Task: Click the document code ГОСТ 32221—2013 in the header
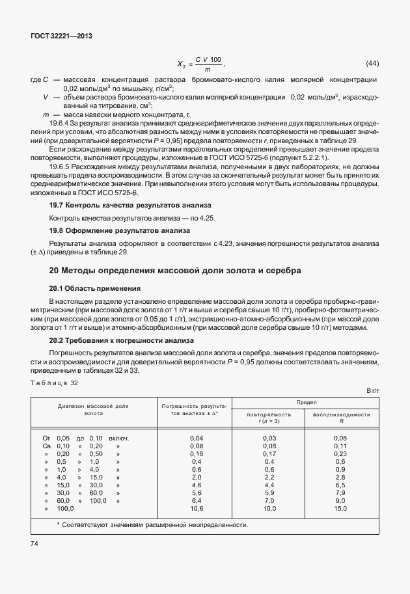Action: pyautogui.click(x=62, y=36)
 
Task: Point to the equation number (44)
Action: pyautogui.click(x=372, y=63)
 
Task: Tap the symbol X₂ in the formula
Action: pyautogui.click(x=181, y=64)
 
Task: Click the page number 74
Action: pyautogui.click(x=34, y=543)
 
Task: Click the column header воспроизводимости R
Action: pyautogui.click(x=341, y=417)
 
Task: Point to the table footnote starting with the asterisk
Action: pyautogui.click(x=152, y=524)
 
